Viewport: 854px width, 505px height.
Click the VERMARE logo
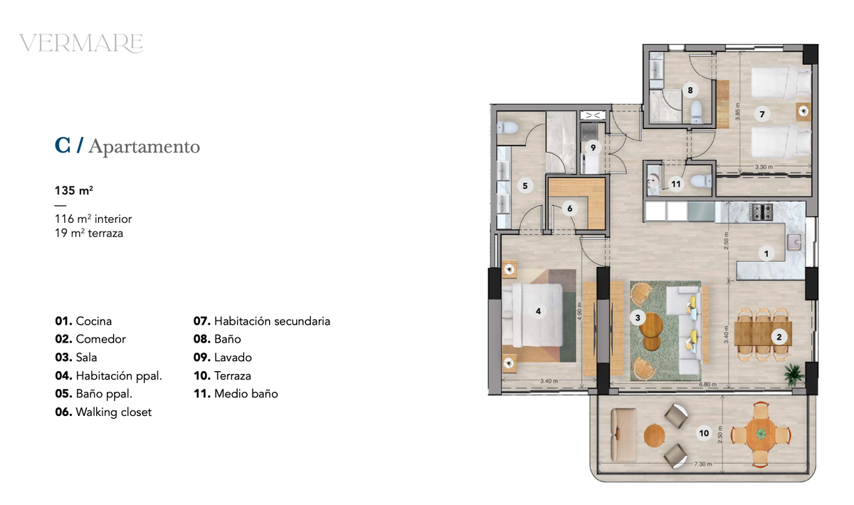(x=81, y=43)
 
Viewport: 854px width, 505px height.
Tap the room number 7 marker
(x=761, y=114)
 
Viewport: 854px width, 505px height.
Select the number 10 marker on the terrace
(x=704, y=433)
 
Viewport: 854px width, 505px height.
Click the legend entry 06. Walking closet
(x=103, y=412)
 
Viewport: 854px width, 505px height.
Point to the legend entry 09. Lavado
(x=223, y=358)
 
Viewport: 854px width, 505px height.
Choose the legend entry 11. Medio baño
(x=236, y=394)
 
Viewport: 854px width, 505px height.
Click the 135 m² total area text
(x=74, y=190)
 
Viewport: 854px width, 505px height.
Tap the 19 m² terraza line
(x=89, y=233)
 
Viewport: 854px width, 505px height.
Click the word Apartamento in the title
(x=144, y=147)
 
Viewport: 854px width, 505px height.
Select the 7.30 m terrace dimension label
(x=702, y=464)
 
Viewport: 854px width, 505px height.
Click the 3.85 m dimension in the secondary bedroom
(x=738, y=112)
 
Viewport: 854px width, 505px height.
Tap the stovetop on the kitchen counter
(x=761, y=212)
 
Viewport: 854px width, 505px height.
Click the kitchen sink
(x=794, y=241)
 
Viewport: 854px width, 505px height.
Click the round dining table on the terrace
(x=761, y=434)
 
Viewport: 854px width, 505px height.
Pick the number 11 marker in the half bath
(x=675, y=184)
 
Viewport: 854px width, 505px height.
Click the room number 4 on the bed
(x=538, y=311)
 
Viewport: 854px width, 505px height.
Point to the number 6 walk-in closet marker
(x=569, y=209)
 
